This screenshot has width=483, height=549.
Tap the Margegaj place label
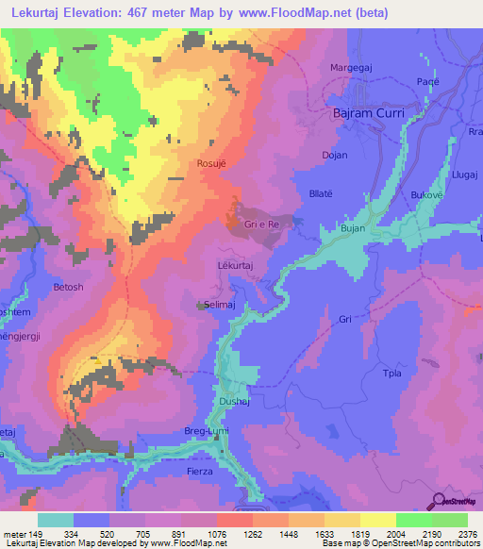click(x=352, y=68)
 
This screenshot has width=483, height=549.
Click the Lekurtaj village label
click(x=236, y=267)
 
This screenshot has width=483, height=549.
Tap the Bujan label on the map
click(x=352, y=228)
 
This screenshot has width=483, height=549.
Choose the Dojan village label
click(x=334, y=155)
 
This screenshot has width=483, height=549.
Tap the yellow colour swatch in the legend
click(x=377, y=520)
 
